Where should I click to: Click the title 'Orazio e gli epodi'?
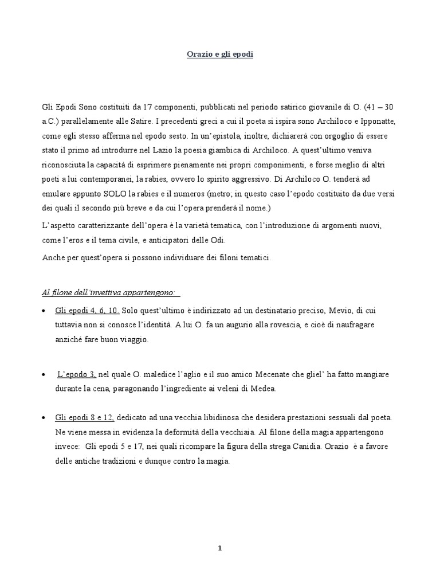coord(220,54)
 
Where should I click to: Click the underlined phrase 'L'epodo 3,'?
coord(77,374)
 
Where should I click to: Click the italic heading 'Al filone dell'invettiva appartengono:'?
coord(109,293)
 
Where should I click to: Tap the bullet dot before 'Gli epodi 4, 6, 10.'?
coord(45,310)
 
